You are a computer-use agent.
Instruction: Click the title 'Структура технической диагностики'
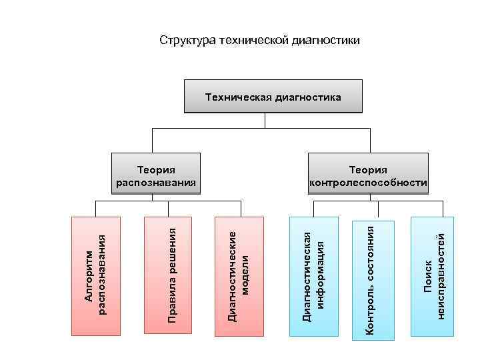pos(259,41)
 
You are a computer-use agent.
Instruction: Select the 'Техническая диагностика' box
pos(273,97)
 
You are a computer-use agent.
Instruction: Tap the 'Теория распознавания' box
pos(156,175)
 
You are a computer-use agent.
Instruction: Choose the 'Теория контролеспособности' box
pos(368,175)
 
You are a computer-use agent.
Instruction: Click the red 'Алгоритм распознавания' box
pos(96,275)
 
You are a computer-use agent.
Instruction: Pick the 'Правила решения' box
pos(169,275)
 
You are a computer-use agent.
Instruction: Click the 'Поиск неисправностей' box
pos(433,275)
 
